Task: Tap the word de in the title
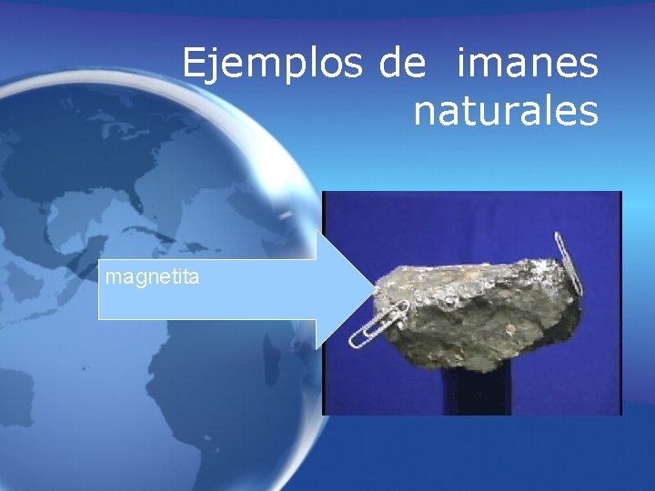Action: [399, 64]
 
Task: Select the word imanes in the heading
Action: [528, 64]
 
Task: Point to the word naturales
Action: [506, 112]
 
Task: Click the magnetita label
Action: [152, 276]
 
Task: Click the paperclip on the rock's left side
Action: [378, 324]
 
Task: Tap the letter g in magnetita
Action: [143, 277]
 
